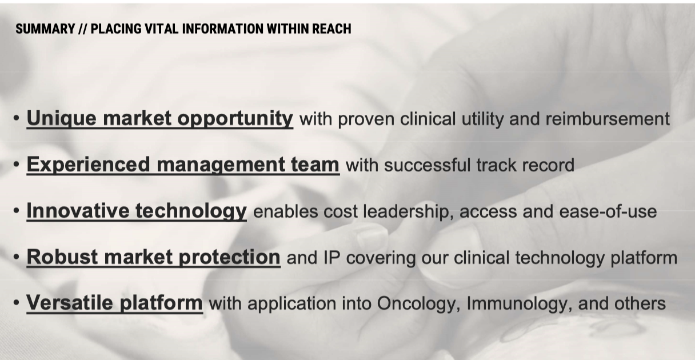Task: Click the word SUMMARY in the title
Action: point(45,29)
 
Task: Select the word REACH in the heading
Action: point(331,29)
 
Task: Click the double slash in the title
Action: point(83,29)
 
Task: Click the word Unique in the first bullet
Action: point(61,119)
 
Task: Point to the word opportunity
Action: point(235,119)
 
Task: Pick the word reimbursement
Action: point(608,119)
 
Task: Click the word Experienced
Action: point(89,165)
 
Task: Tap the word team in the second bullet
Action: point(315,165)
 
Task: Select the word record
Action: point(548,165)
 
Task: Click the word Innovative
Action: point(78,211)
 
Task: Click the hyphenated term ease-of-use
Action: point(608,211)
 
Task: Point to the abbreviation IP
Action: point(331,258)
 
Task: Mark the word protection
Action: point(230,257)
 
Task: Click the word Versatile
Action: point(70,303)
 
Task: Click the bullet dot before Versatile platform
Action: point(17,303)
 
